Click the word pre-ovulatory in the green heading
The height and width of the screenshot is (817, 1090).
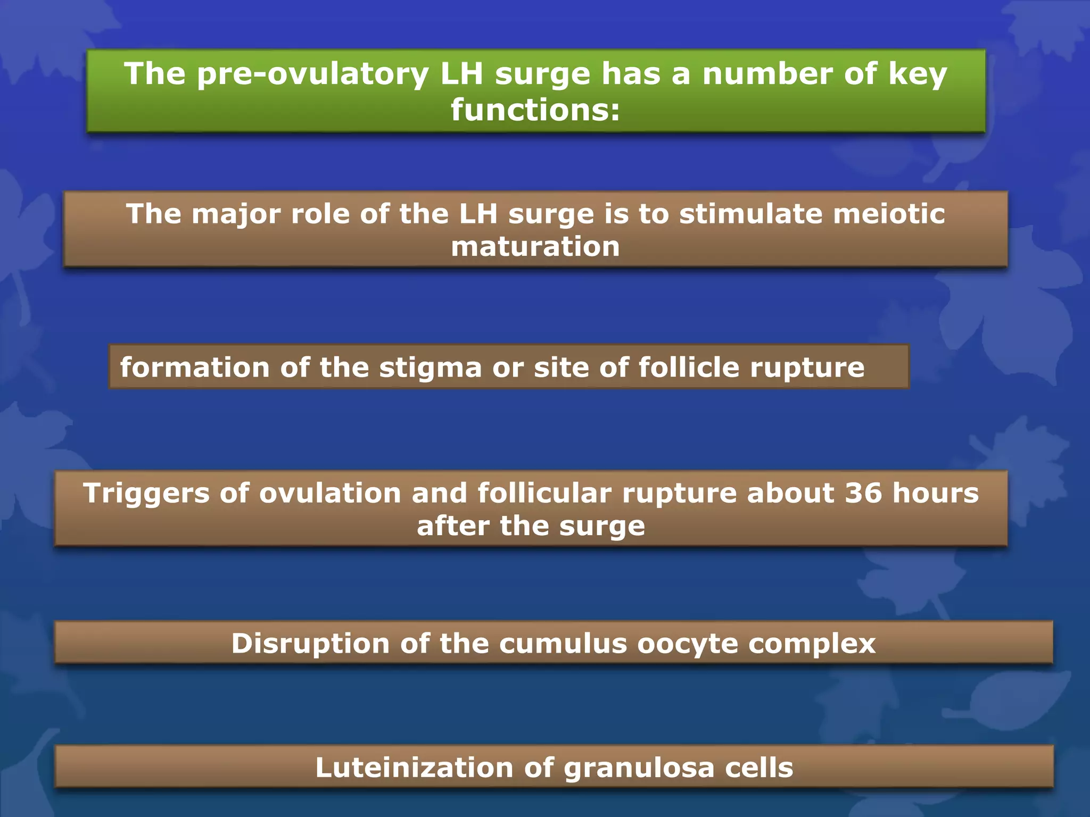point(312,74)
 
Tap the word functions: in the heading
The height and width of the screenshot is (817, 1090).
point(535,110)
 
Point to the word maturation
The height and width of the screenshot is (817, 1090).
point(535,247)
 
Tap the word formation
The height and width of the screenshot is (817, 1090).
point(195,368)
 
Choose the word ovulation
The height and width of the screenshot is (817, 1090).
point(330,493)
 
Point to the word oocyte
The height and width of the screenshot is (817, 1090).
point(687,644)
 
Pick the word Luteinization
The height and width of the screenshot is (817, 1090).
point(414,768)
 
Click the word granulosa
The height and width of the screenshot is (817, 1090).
point(639,768)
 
